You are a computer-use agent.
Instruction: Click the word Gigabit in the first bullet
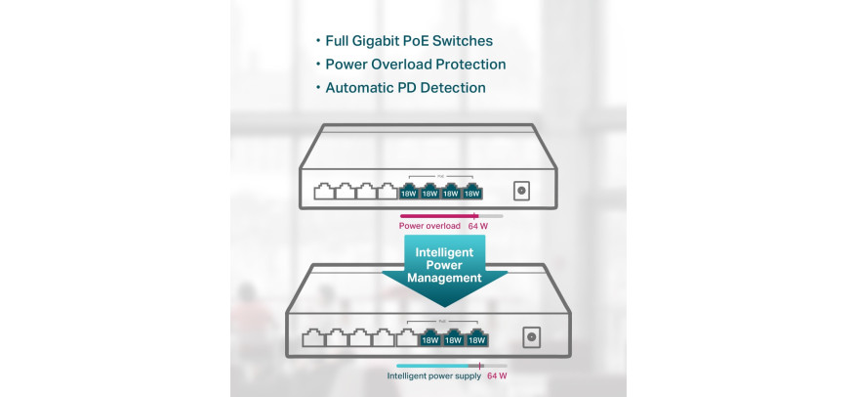pos(377,41)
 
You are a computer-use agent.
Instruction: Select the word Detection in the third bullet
pos(457,88)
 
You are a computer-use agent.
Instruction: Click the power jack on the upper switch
pos(521,191)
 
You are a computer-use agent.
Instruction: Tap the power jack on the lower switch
pos(531,336)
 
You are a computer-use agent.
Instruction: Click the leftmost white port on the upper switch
pos(324,191)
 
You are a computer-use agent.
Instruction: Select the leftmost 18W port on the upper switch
pos(408,192)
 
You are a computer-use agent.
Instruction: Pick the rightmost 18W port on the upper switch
pos(471,192)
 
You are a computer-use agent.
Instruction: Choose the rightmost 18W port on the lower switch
pos(476,338)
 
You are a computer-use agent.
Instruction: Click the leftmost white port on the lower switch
pos(313,337)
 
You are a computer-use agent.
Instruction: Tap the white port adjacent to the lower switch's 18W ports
pos(407,337)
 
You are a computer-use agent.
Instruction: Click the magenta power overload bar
pos(439,216)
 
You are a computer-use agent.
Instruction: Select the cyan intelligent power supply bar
pos(432,366)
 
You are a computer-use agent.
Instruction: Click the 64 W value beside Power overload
pos(477,226)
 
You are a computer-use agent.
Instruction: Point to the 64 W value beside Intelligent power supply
pos(497,376)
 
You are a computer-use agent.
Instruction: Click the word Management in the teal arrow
pos(444,278)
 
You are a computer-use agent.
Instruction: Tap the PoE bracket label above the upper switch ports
pos(441,176)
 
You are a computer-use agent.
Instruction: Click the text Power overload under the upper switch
pos(429,226)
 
